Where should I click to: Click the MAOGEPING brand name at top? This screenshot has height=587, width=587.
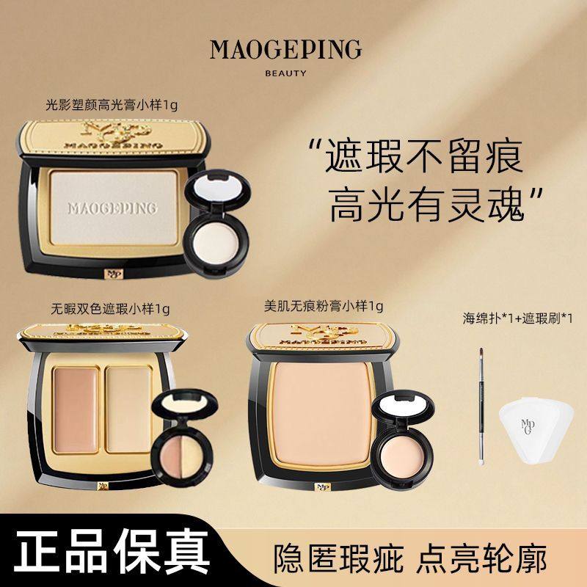[x=285, y=50]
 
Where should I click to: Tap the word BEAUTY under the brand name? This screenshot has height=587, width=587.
[x=285, y=73]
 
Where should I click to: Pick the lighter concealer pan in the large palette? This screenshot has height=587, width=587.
[x=126, y=399]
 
